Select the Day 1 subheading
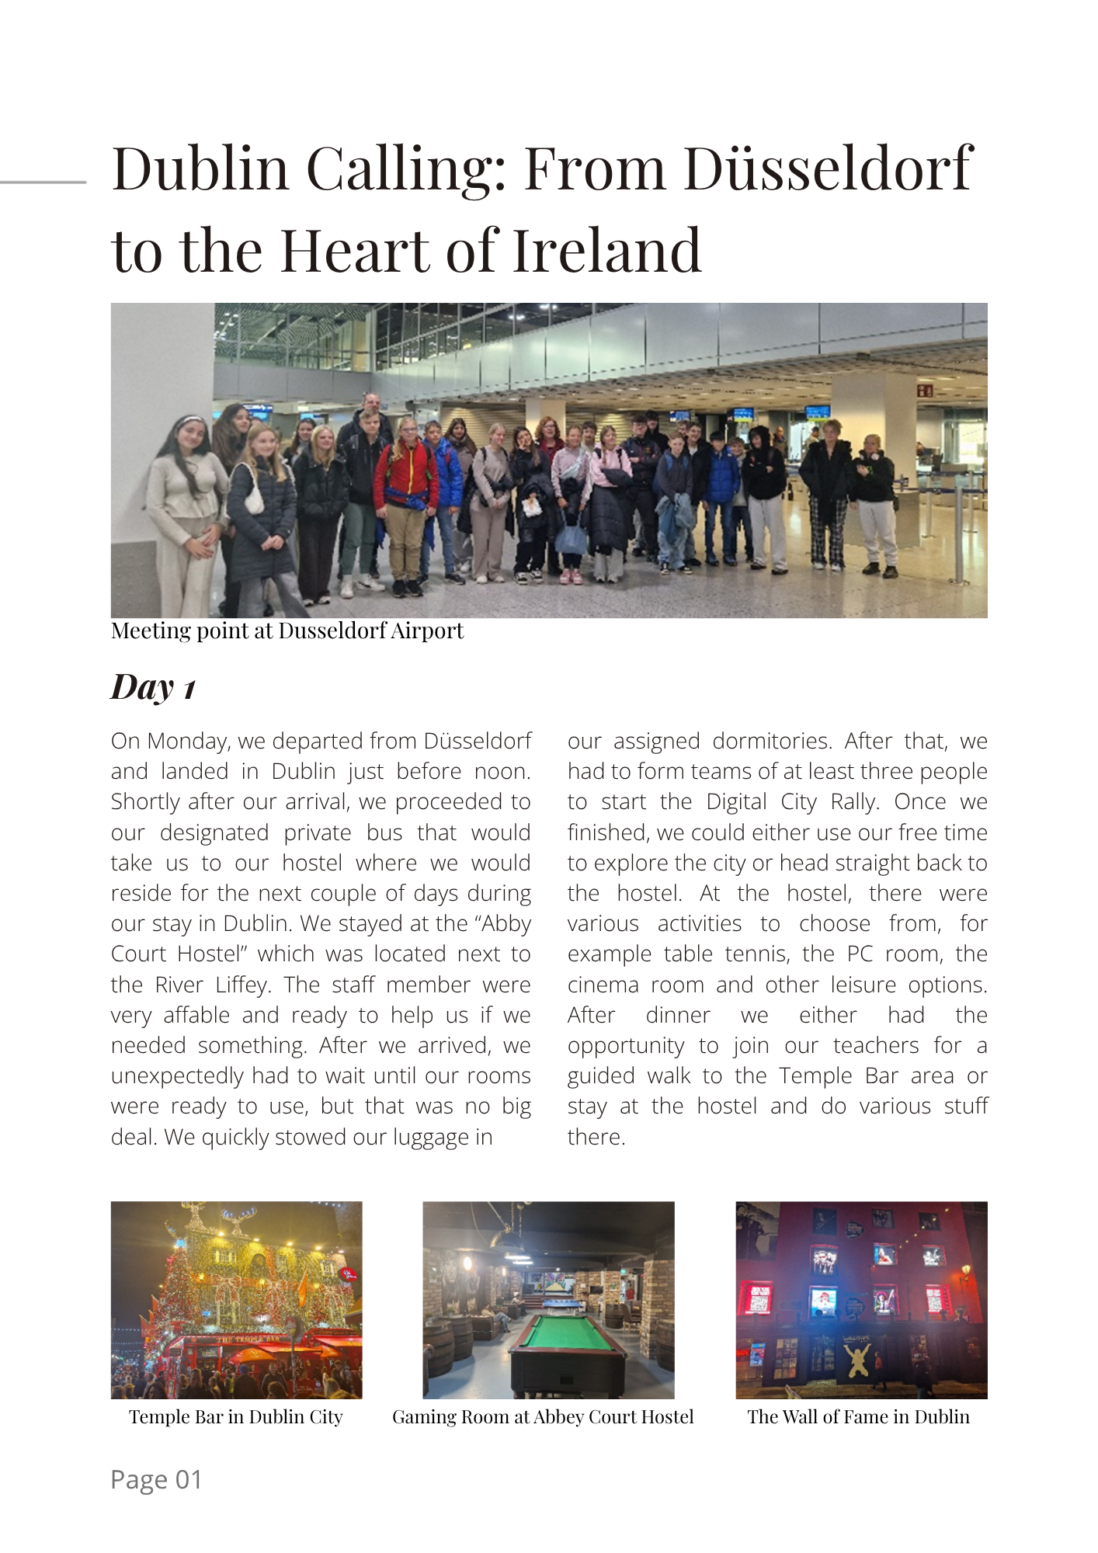[x=153, y=687]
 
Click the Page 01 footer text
[x=156, y=1479]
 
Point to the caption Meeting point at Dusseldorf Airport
[x=287, y=631]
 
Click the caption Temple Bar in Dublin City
[x=235, y=1417]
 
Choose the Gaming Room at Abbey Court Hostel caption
[x=543, y=1417]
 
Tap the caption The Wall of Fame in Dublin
[x=858, y=1417]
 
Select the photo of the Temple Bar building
[x=236, y=1300]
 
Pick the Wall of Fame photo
[x=861, y=1300]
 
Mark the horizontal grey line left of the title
[x=43, y=182]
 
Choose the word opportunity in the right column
[x=626, y=1046]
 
